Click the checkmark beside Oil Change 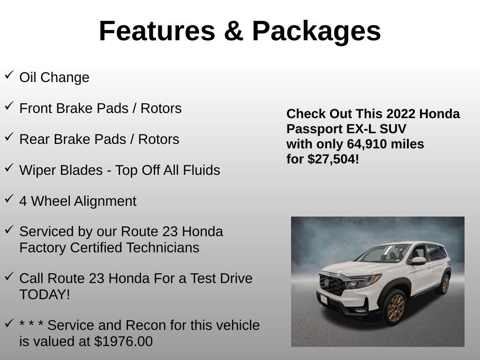click(x=9, y=75)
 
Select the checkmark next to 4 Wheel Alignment click(x=9, y=199)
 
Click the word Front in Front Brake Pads click(x=36, y=108)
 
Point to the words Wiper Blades click(x=60, y=170)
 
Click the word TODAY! click(x=45, y=294)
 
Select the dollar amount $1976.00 click(x=123, y=341)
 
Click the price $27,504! click(x=333, y=159)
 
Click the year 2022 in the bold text click(x=401, y=114)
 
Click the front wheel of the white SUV click(x=396, y=308)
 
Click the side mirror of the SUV click(x=418, y=260)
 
